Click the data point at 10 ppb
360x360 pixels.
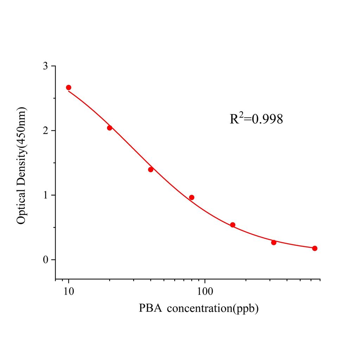69,88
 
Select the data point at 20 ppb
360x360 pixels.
109,128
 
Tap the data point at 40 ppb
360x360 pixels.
151,169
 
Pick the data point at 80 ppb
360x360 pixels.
192,198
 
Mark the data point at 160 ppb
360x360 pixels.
233,225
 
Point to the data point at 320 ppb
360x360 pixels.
274,243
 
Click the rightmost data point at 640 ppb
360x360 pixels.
315,248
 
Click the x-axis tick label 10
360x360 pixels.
69,292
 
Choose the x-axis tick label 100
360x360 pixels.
205,292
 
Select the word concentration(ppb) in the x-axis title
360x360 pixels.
213,309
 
